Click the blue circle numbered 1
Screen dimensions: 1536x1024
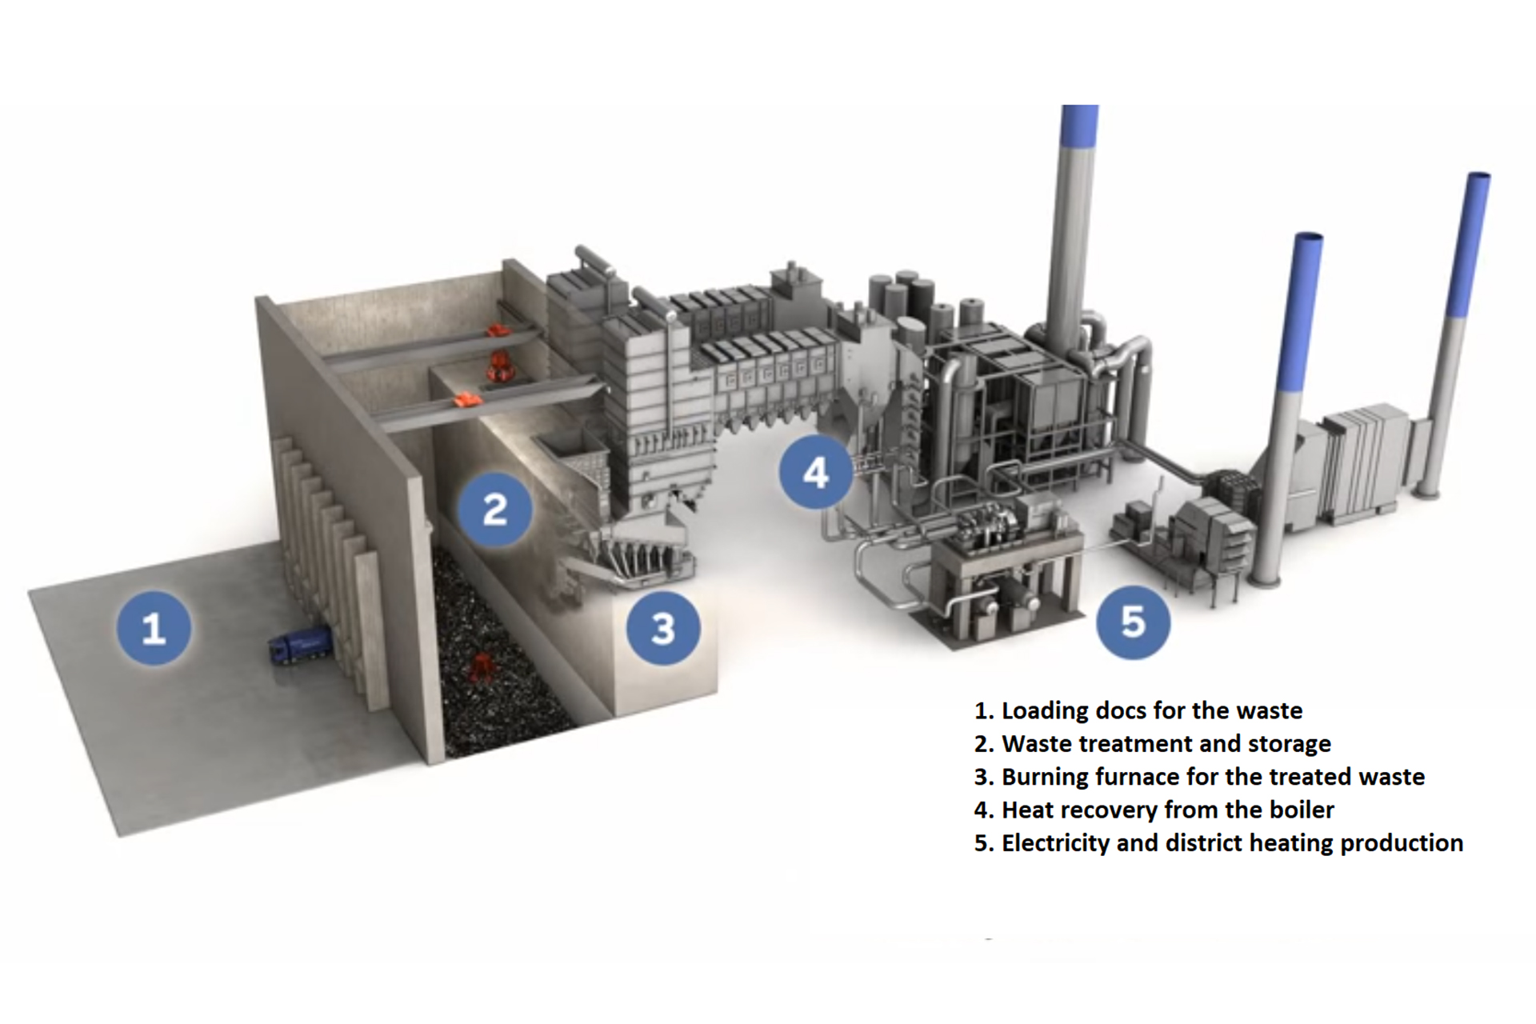[154, 628]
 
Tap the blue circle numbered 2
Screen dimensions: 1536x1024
[495, 509]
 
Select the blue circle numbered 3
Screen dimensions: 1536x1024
[663, 628]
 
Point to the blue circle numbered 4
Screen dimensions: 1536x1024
[815, 473]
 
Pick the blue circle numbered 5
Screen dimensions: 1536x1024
[1133, 622]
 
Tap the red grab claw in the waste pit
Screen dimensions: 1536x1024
[482, 666]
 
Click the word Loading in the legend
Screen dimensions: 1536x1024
[1044, 711]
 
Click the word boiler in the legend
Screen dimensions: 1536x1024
[1301, 810]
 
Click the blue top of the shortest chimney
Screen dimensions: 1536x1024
[1301, 312]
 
